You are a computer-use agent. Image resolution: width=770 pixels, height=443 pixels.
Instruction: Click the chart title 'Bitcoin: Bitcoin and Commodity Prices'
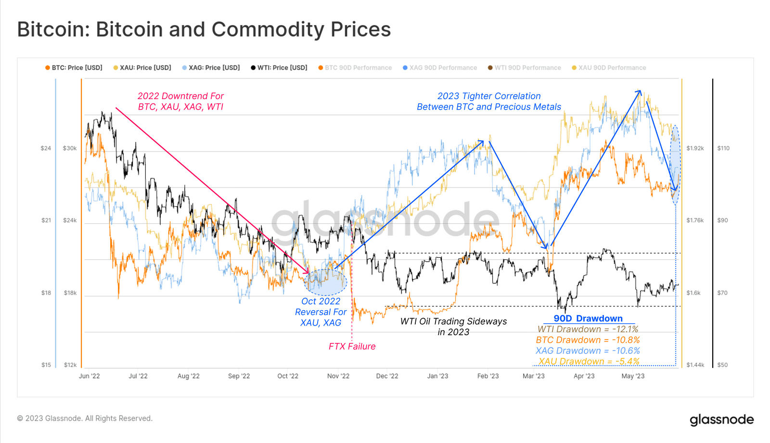(204, 29)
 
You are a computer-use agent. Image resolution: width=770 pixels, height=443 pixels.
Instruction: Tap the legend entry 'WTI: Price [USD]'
(279, 68)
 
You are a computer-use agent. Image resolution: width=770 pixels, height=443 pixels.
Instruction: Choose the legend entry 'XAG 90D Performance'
(440, 68)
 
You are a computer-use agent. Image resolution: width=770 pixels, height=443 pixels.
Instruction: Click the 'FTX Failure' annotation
(352, 346)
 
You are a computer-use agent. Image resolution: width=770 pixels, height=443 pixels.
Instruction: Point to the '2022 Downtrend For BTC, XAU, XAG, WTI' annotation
(180, 101)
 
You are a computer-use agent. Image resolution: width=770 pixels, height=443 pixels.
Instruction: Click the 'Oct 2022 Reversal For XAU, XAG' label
(321, 312)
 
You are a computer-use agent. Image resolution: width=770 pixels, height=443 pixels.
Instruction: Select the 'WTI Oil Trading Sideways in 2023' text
(453, 327)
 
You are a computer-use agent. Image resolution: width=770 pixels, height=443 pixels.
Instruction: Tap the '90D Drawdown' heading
(588, 318)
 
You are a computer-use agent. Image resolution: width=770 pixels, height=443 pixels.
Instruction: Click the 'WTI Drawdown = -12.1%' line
(588, 329)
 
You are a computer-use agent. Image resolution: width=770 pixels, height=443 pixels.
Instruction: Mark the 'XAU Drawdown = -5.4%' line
(589, 361)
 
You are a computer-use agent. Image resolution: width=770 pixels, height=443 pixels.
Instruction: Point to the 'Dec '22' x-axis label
(387, 376)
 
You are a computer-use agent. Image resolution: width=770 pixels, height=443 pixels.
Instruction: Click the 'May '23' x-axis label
(633, 376)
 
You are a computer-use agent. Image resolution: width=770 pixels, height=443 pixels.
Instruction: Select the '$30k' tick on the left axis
(70, 148)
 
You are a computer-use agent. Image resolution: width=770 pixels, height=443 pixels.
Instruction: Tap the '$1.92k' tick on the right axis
(695, 148)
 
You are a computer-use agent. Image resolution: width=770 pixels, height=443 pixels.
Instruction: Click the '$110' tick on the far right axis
(723, 148)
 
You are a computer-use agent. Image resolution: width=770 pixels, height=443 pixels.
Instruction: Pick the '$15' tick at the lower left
(46, 365)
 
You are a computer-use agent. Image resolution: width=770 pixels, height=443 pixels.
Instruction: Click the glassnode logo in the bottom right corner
(721, 419)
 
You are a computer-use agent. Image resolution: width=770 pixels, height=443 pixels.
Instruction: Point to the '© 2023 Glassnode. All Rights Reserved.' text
(85, 418)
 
